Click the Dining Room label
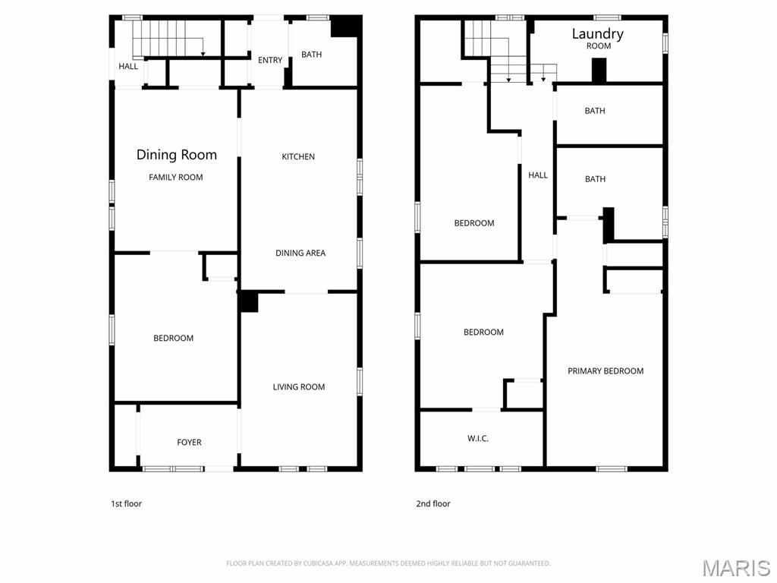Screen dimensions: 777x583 coord(176,155)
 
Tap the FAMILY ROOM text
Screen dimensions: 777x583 coord(176,178)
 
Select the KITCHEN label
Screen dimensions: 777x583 coord(298,156)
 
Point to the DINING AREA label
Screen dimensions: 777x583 coord(300,253)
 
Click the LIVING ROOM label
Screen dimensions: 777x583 coord(299,386)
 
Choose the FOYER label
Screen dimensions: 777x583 coord(189,443)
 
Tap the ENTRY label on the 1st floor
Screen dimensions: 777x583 coord(270,60)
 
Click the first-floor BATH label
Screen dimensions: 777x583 coord(312,55)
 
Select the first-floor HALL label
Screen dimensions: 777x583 coord(128,67)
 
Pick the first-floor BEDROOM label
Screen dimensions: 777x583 coord(174,338)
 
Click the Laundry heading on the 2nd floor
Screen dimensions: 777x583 coord(598,33)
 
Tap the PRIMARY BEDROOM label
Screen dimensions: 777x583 coord(606,370)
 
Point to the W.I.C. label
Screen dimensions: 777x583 coord(478,438)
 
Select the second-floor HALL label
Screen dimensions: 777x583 coord(538,175)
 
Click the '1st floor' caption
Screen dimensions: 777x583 coord(127,504)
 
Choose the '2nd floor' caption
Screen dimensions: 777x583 coord(433,504)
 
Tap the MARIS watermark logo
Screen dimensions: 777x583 coord(737,568)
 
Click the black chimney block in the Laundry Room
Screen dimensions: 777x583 coord(599,70)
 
